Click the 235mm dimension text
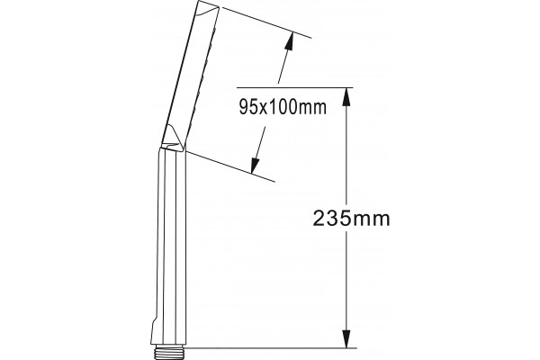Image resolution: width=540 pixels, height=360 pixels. click(351, 219)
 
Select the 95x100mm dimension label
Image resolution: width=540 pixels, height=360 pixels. click(283, 107)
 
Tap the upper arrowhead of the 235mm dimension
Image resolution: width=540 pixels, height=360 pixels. click(346, 96)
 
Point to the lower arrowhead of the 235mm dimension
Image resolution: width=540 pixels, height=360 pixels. click(346, 338)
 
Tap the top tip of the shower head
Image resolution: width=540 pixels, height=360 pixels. click(200, 1)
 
